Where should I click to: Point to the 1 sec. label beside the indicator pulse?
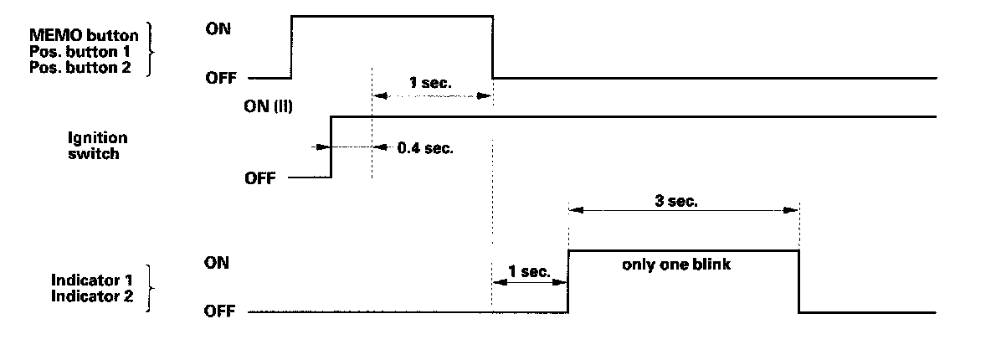[x=529, y=272]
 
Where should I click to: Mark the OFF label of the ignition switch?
[x=259, y=178]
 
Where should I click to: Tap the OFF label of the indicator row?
[x=219, y=312]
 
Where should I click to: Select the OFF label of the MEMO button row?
[x=219, y=77]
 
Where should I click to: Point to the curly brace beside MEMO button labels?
[x=151, y=50]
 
